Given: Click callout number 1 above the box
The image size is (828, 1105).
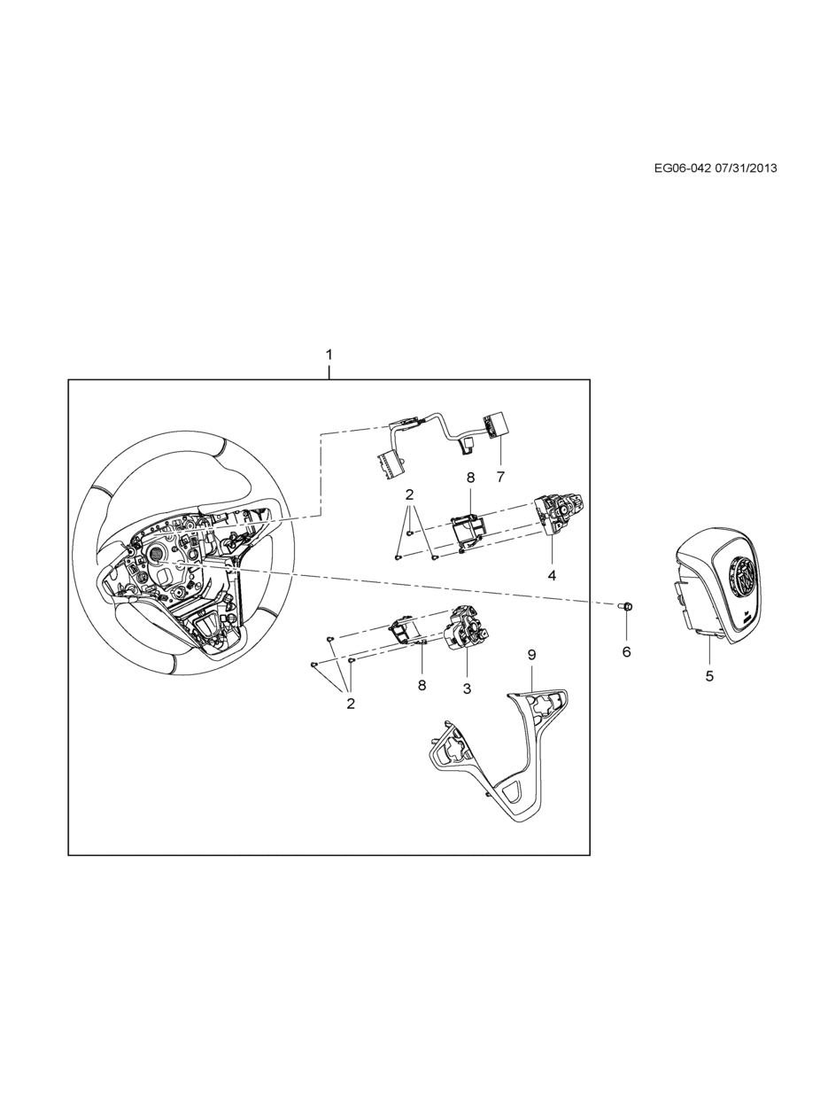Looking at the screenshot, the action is coord(329,355).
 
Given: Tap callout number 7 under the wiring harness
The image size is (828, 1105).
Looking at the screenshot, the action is coord(500,477).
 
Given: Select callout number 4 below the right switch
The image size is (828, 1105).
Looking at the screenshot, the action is coord(552,575).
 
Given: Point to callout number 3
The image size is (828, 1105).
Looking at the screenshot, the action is coord(467,689).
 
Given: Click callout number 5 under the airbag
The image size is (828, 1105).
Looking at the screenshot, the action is coord(709,676).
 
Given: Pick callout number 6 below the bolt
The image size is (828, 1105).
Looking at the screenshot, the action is coord(626,652).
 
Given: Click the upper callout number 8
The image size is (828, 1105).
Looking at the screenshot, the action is coord(470,478).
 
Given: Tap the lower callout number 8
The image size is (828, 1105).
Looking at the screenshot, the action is coord(422,685).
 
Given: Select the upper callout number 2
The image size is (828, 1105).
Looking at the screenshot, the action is coord(409,494).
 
